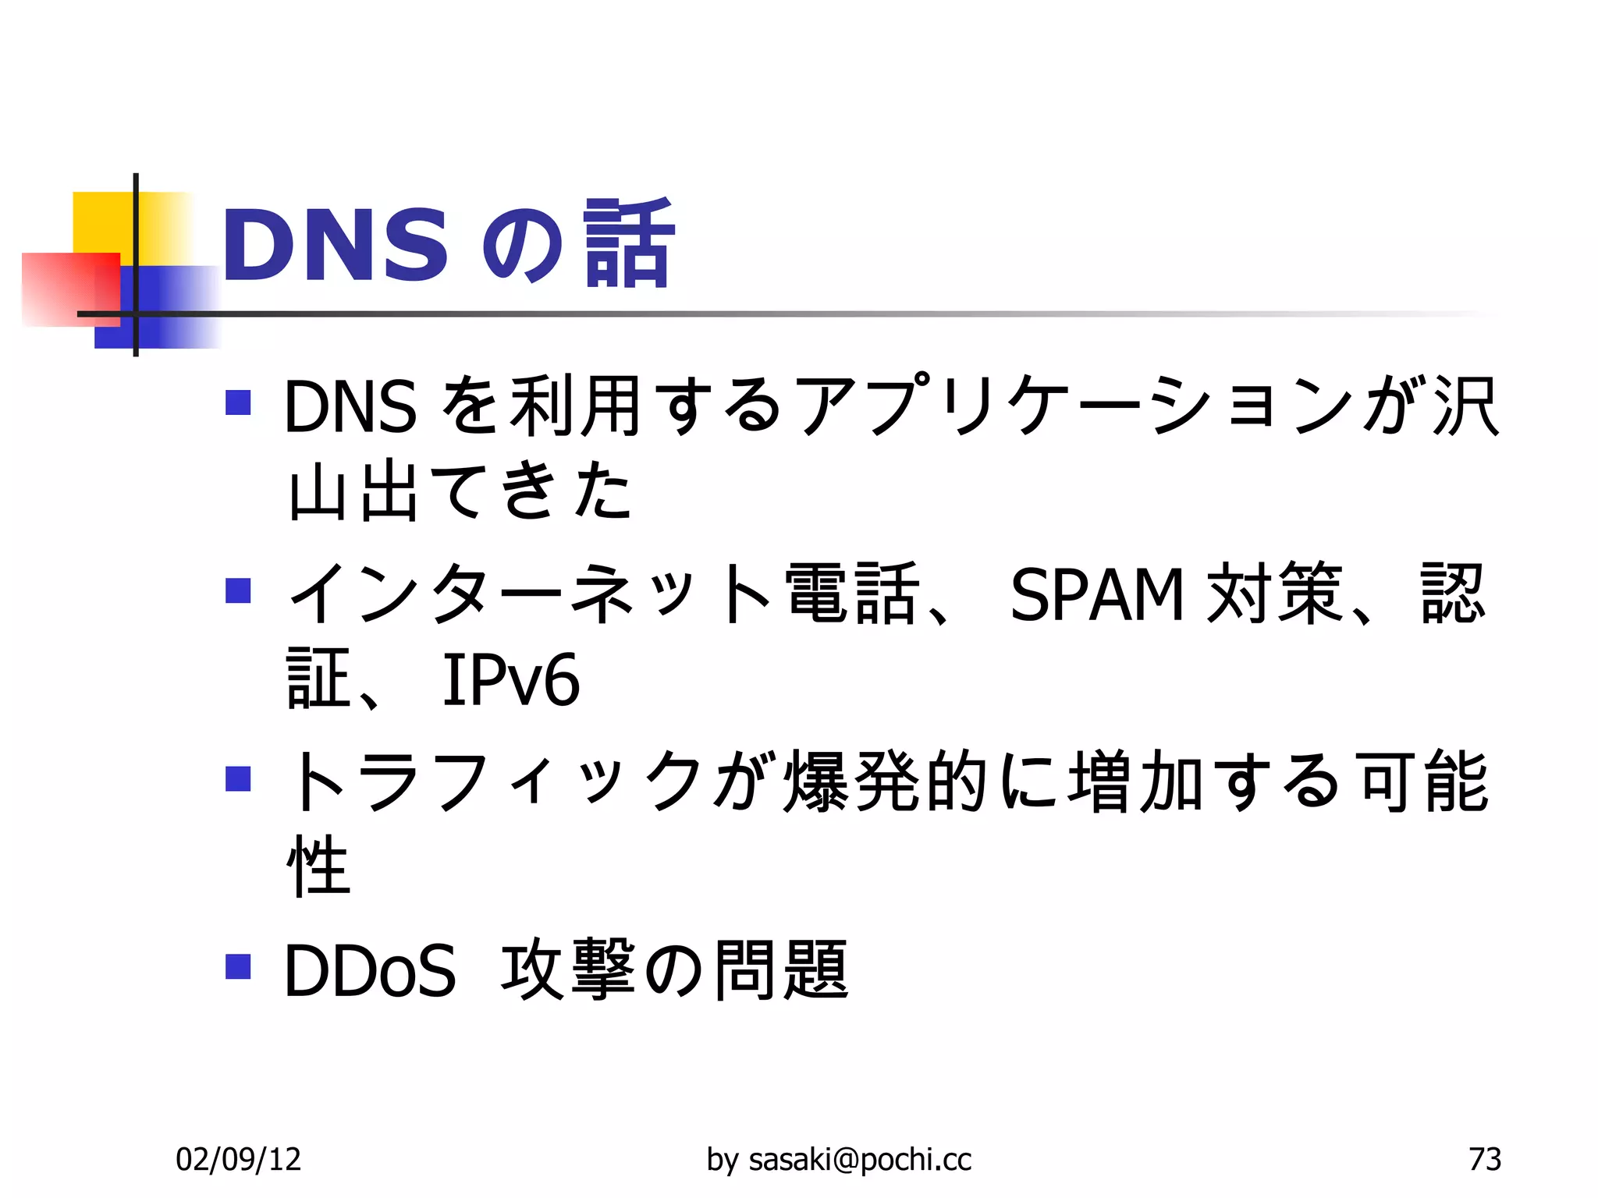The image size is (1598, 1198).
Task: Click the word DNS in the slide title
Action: pyautogui.click(x=336, y=246)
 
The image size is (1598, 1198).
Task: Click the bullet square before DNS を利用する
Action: pyautogui.click(x=238, y=402)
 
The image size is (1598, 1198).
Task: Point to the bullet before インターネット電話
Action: pyautogui.click(x=238, y=590)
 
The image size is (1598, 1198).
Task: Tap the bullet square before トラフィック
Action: pyautogui.click(x=238, y=778)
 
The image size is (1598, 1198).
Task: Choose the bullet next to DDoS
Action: pyautogui.click(x=238, y=966)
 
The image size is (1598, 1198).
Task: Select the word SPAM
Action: pyautogui.click(x=1096, y=595)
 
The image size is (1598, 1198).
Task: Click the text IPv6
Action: pyautogui.click(x=511, y=680)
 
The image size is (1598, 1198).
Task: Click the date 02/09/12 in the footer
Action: pyautogui.click(x=238, y=1159)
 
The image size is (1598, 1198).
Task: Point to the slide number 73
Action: pyautogui.click(x=1484, y=1159)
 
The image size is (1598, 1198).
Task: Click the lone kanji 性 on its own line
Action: pyautogui.click(x=318, y=866)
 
